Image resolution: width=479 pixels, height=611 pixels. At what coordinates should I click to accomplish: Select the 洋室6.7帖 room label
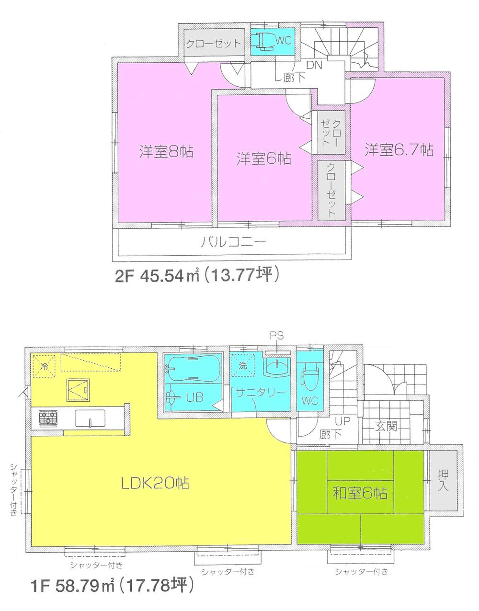coord(399,150)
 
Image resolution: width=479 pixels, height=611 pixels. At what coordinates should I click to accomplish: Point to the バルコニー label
coord(233,242)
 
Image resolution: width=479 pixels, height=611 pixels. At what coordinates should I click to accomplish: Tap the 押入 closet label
coord(444,480)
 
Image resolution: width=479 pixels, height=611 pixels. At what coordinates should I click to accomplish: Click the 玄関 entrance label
coord(386,426)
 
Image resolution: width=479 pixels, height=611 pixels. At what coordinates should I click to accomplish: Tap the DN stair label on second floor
coord(314,65)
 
